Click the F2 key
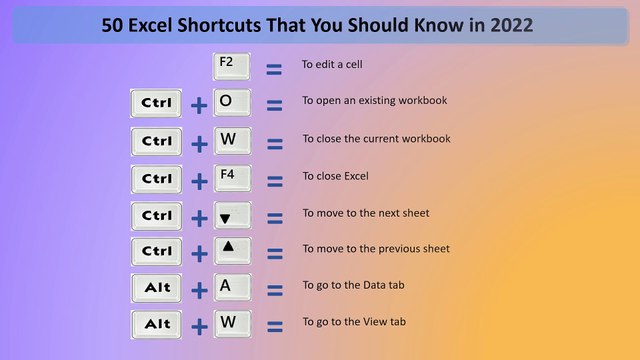232,67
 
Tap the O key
232,104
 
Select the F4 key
232,178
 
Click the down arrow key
232,215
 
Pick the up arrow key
232,251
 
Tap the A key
232,288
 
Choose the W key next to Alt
232,324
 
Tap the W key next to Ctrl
232,141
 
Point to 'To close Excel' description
336,176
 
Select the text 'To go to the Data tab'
354,286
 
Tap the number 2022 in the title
506,25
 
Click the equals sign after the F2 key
273,70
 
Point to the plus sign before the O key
199,106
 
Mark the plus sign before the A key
199,291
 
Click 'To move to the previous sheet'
376,249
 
